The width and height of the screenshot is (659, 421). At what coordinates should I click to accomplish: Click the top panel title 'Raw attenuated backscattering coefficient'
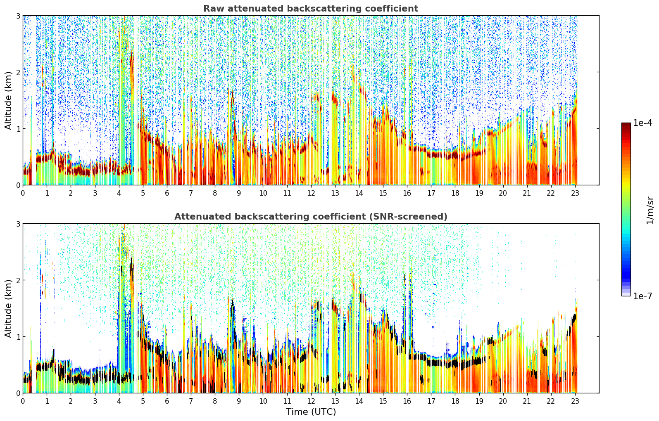(x=311, y=9)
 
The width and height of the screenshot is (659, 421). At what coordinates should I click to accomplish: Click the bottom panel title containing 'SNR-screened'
(x=311, y=217)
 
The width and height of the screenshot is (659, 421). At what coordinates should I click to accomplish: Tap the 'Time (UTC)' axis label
(x=311, y=412)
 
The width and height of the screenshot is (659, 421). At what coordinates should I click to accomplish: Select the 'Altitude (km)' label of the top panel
(x=8, y=101)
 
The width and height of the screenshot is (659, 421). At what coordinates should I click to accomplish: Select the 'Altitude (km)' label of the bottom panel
(x=8, y=309)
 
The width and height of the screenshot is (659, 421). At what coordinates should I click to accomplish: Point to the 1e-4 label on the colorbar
(x=642, y=123)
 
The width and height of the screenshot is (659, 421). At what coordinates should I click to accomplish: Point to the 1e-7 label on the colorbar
(x=642, y=296)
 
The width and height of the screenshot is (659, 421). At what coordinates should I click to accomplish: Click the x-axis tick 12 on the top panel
(x=311, y=193)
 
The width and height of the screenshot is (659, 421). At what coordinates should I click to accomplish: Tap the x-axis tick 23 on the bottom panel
(x=575, y=401)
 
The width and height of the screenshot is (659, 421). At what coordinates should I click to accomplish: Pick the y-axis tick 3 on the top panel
(x=18, y=16)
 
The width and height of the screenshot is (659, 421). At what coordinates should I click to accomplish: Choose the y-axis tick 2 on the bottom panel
(x=18, y=281)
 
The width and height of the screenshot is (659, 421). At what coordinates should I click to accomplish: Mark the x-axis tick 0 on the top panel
(x=23, y=193)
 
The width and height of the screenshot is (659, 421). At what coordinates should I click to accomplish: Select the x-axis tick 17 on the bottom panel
(x=431, y=401)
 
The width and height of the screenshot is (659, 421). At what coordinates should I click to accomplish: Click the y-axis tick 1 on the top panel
(x=18, y=129)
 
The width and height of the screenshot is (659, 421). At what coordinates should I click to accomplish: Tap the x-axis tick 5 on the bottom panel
(x=143, y=401)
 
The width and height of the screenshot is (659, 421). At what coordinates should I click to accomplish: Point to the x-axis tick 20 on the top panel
(x=503, y=193)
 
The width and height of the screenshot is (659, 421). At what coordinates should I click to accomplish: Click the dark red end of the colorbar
(x=626, y=124)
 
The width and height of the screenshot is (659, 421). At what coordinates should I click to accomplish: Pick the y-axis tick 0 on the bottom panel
(x=18, y=393)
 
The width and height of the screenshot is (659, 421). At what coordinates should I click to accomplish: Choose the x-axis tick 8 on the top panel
(x=215, y=193)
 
